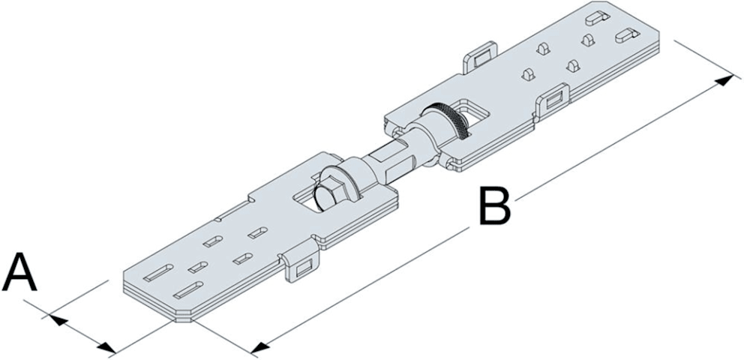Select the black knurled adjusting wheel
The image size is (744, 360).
(x=456, y=120)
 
